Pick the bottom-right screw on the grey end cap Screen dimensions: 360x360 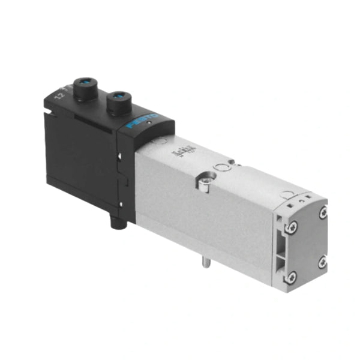[322, 262]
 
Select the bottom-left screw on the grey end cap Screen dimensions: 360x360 [292, 276]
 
